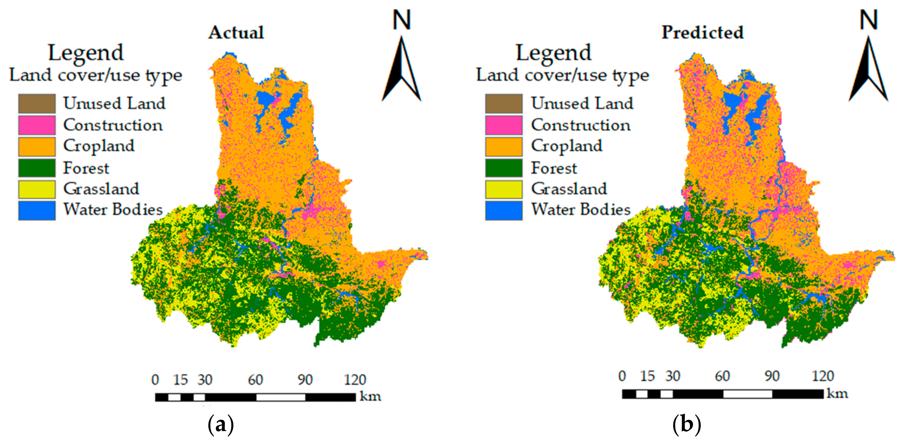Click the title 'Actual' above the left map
click(236, 33)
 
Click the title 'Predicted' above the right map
click(702, 33)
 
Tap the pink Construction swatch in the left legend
click(37, 125)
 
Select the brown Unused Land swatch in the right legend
click(504, 104)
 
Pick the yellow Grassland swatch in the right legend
click(504, 189)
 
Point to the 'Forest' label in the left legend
click(86, 168)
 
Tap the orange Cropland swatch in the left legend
click(37, 147)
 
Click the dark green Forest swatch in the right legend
click(504, 168)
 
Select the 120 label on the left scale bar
click(355, 380)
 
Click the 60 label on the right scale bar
click(722, 376)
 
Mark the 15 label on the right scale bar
click(647, 376)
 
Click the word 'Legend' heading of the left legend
click(86, 53)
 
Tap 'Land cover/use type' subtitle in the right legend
click(562, 75)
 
